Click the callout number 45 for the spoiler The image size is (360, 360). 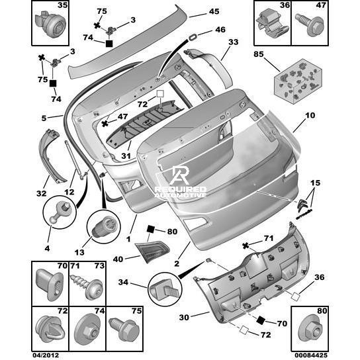pos(214,11)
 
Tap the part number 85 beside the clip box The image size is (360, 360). pos(259,54)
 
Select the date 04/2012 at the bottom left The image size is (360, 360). pos(46,355)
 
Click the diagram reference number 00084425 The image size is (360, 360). pos(311,355)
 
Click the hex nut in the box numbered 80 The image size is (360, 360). pos(310,331)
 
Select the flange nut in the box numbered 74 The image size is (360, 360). pos(87,331)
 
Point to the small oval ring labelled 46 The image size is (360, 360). pos(193,37)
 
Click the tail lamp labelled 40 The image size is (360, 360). pos(152,252)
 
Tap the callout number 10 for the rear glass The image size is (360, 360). pos(310,115)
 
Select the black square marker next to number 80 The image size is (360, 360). pos(151,229)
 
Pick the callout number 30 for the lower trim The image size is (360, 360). pos(184,317)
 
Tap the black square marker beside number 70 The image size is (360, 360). pos(261,320)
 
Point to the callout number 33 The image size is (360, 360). pos(233,42)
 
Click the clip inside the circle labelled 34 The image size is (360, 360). pos(164,289)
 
